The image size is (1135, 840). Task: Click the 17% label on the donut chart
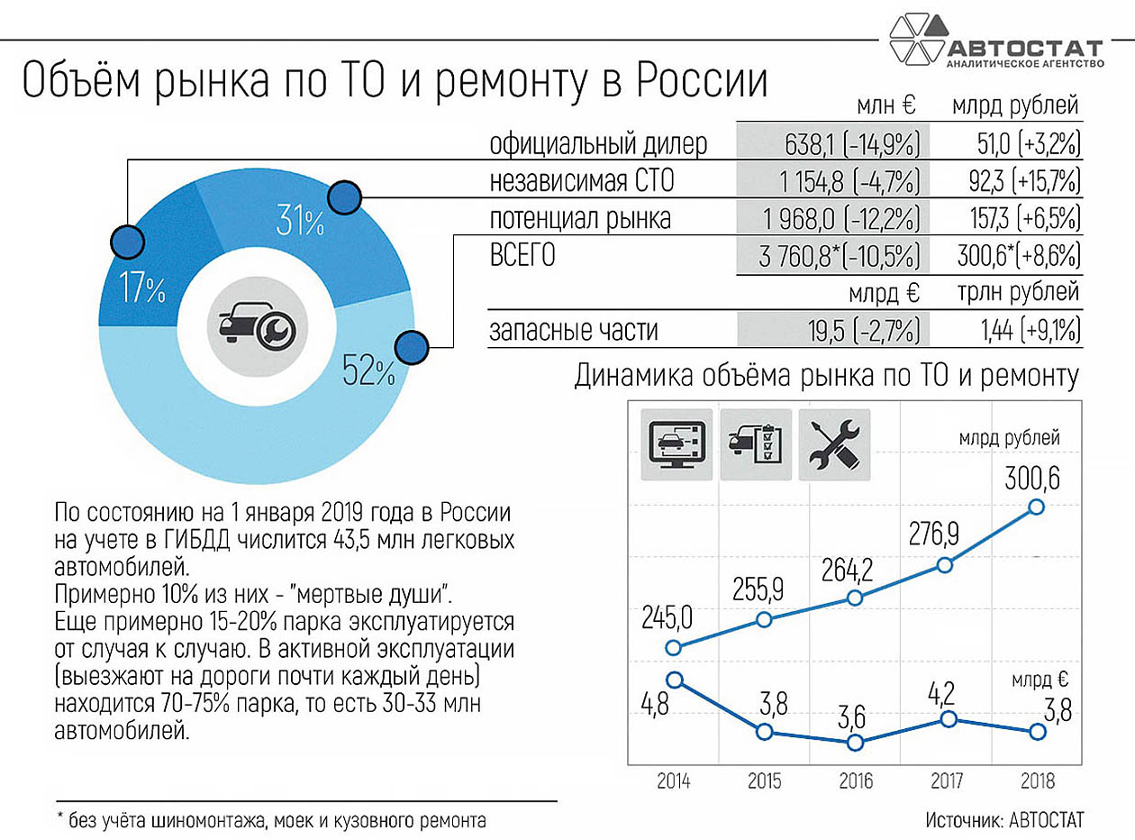point(142,289)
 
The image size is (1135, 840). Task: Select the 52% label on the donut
point(368,370)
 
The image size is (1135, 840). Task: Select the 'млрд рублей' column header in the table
point(1015,106)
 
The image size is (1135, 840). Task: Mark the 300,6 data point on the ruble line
point(1036,507)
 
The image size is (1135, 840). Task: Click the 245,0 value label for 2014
point(667,617)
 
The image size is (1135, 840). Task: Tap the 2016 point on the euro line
point(855,743)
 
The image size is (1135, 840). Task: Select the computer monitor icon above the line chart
point(676,444)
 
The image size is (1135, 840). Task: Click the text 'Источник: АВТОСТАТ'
point(1004,820)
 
